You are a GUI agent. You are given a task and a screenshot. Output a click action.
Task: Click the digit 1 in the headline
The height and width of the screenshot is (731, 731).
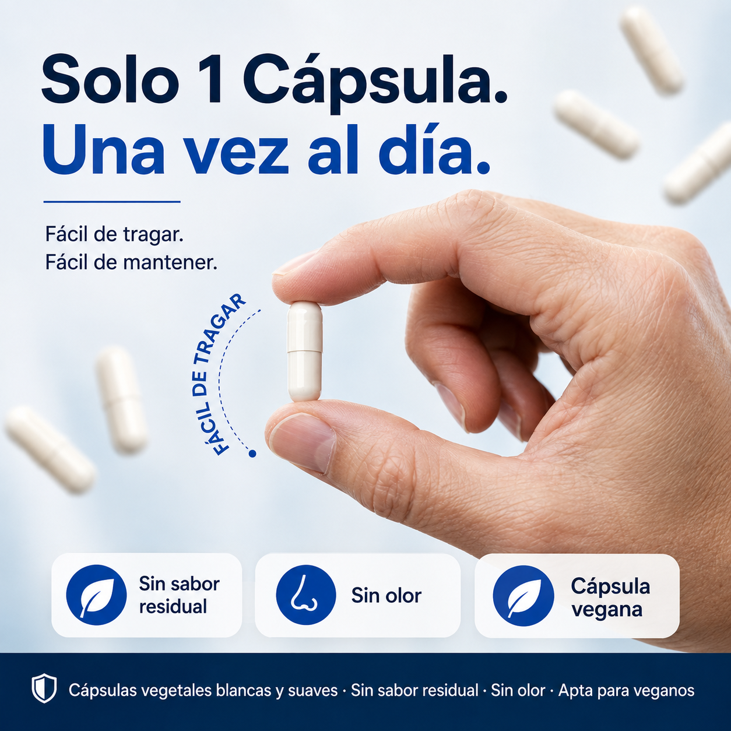[213, 79]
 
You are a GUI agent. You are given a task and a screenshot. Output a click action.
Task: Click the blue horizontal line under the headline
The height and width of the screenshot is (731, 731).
[111, 202]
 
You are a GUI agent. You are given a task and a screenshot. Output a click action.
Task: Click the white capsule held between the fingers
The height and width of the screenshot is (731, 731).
[305, 351]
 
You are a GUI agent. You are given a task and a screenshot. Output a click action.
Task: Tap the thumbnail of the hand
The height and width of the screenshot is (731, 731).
[301, 442]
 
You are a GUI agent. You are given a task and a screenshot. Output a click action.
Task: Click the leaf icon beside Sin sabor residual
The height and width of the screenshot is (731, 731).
[96, 595]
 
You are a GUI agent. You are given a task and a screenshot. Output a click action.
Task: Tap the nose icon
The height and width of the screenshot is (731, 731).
[305, 595]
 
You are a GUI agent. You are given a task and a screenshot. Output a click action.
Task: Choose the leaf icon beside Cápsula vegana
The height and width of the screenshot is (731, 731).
[523, 596]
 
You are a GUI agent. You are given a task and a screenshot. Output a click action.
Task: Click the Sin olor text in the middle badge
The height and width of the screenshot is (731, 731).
[386, 595]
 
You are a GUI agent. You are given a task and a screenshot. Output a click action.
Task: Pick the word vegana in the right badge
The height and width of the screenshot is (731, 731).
[607, 610]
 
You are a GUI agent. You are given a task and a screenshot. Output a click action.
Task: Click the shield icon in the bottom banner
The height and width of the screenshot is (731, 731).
[44, 688]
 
